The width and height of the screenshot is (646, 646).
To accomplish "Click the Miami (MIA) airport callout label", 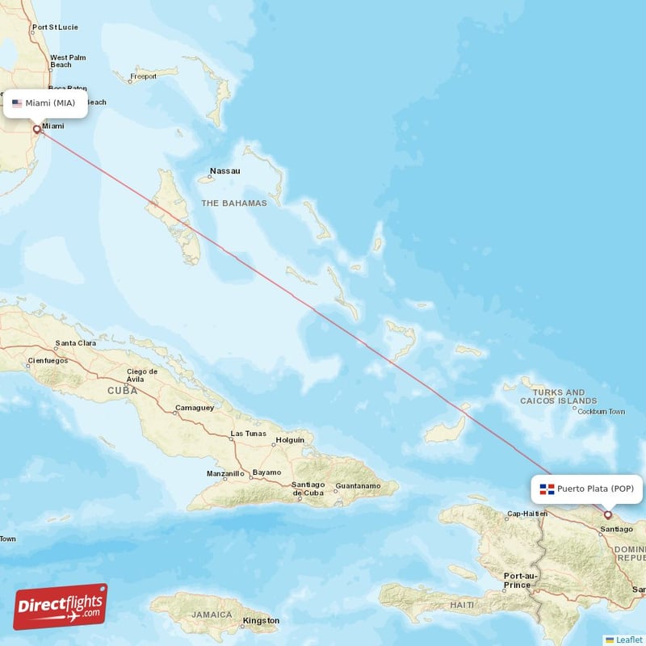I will click(x=46, y=103).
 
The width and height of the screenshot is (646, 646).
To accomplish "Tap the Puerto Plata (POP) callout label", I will click(x=589, y=489).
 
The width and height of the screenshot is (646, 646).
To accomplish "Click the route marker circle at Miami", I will click(x=36, y=129).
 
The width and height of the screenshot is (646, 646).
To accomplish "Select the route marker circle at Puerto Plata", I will click(x=608, y=514).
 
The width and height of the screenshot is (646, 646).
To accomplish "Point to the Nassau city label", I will click(x=224, y=171).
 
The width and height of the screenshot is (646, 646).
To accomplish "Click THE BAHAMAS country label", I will click(x=234, y=203).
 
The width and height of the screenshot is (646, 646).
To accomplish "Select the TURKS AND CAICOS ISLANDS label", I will click(x=559, y=396).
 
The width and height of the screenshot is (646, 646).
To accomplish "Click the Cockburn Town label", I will click(x=602, y=411).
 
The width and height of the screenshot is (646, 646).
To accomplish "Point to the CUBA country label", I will click(x=122, y=390).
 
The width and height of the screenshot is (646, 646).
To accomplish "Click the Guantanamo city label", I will click(x=357, y=485).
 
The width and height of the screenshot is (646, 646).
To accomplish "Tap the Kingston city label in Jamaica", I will click(x=261, y=620).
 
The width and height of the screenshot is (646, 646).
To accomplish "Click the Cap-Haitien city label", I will click(x=526, y=514).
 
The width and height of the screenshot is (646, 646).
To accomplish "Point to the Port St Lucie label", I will click(x=55, y=27).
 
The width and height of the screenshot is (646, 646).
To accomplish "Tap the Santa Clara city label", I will click(x=76, y=343).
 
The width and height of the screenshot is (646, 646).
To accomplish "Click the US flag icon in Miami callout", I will click(x=17, y=103).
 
